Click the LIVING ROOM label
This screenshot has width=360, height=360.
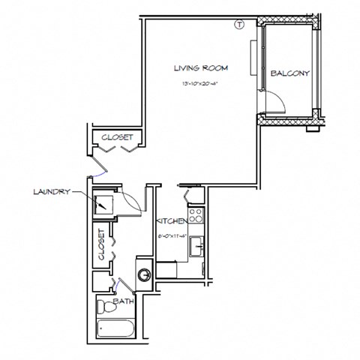tap(200, 68)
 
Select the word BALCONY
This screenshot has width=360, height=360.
tap(290, 73)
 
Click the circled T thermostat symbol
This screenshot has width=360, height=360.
tap(239, 24)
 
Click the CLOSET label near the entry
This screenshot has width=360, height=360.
tap(116, 137)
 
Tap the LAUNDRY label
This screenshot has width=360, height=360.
tap(51, 192)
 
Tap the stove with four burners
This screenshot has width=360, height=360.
tap(196, 216)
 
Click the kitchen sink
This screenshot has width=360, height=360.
tap(197, 244)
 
